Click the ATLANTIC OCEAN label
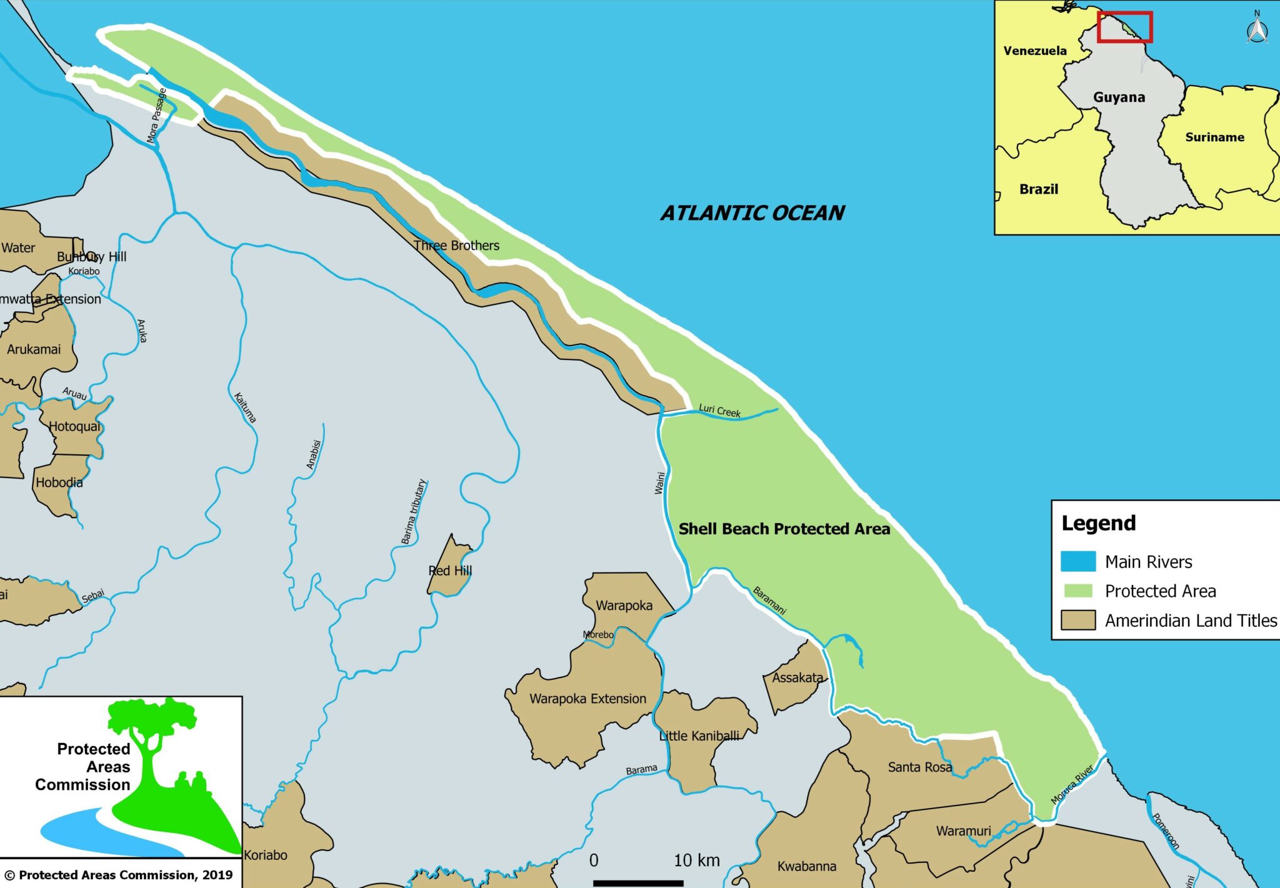pyautogui.click(x=752, y=213)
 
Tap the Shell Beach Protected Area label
pyautogui.click(x=784, y=529)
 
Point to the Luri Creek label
pyautogui.click(x=719, y=411)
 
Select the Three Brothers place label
pyautogui.click(x=456, y=246)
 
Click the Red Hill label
pyautogui.click(x=450, y=571)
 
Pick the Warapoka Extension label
pyautogui.click(x=587, y=699)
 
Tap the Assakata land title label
pyautogui.click(x=797, y=677)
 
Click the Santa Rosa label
pyautogui.click(x=920, y=767)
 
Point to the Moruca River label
pyautogui.click(x=1072, y=784)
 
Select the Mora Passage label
pyautogui.click(x=156, y=116)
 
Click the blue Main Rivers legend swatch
pyautogui.click(x=1078, y=561)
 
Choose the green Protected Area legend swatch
pyautogui.click(x=1078, y=591)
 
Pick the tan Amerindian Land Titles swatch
pyautogui.click(x=1078, y=620)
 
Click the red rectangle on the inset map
pyautogui.click(x=1124, y=27)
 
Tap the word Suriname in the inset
pyautogui.click(x=1214, y=137)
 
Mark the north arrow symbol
pyautogui.click(x=1257, y=28)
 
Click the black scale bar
pyautogui.click(x=637, y=882)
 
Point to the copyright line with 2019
pyautogui.click(x=119, y=875)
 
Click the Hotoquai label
pyautogui.click(x=74, y=426)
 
